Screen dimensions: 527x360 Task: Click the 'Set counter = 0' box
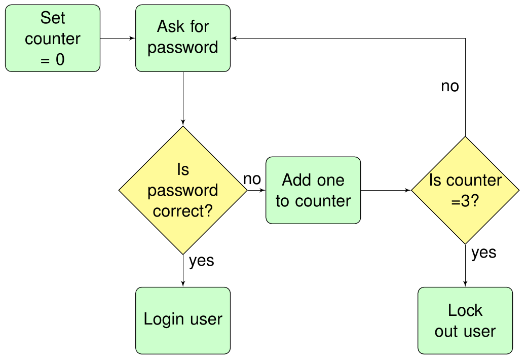coord(53,38)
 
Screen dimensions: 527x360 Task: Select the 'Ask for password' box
coord(183,38)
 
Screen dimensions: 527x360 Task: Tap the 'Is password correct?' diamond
coord(183,190)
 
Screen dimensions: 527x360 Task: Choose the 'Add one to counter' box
coord(313,190)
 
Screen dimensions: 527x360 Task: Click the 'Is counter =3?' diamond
coord(465,190)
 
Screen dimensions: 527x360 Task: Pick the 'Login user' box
coord(183,320)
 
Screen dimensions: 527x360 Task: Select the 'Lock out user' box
coord(465,320)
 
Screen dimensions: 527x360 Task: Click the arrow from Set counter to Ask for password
coord(118,39)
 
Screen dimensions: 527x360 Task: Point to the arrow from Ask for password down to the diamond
coord(183,98)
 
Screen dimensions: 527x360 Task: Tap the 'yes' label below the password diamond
coord(201,261)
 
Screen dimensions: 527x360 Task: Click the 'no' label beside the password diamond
coord(252,179)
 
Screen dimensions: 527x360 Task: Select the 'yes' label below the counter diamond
coord(483,253)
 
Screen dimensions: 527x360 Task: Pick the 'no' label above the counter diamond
coord(449,86)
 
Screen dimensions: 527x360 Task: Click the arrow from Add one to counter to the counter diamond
coord(386,190)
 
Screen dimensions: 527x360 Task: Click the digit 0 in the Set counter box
coord(60,59)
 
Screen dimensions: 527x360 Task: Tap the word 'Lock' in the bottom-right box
coord(465,310)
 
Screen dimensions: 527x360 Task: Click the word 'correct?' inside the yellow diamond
coord(183,211)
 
